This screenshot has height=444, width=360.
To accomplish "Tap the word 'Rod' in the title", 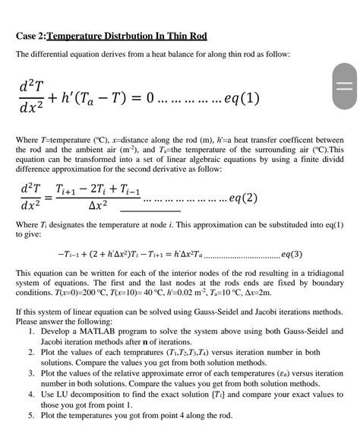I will click(x=197, y=36).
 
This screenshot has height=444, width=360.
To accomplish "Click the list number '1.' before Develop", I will click(x=33, y=331).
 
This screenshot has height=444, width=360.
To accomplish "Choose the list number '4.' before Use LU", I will click(x=33, y=395).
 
